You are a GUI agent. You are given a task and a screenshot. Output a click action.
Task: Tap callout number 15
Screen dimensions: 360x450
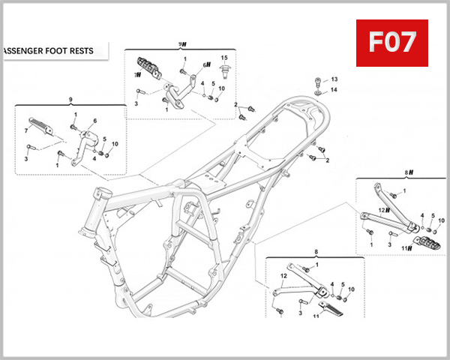coord(223,58)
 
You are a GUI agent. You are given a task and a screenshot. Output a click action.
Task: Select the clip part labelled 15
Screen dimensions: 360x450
coord(223,74)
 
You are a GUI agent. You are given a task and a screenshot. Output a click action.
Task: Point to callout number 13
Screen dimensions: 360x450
coord(334,79)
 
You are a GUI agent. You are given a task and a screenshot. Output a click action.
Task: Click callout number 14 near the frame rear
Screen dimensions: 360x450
coord(334,90)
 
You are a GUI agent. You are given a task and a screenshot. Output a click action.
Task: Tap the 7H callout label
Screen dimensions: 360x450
coord(137,75)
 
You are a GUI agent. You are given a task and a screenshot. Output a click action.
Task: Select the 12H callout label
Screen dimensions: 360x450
coord(382,210)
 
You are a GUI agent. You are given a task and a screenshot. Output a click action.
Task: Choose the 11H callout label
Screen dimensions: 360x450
coord(406,248)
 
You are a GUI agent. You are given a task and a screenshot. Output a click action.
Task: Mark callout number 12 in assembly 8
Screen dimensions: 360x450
coord(283,276)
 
